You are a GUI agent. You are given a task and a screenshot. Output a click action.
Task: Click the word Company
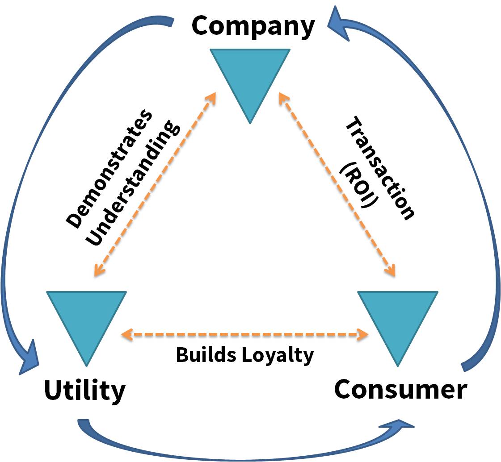tap(253, 26)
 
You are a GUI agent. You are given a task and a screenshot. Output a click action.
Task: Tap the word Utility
tap(85, 391)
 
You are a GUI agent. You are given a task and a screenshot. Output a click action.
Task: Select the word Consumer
tap(400, 389)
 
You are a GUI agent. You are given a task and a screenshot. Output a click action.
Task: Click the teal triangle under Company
tap(250, 76)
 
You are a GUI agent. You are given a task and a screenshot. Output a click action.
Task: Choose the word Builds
tap(206, 355)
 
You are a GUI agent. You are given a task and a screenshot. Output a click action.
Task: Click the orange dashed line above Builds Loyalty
tap(245, 333)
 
